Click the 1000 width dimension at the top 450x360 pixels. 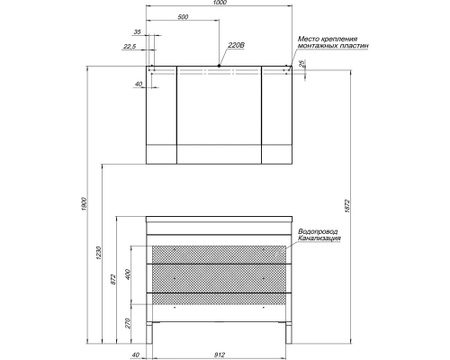pyautogui.click(x=220, y=3)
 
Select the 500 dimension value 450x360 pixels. pyautogui.click(x=183, y=17)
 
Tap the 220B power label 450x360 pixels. pyautogui.click(x=237, y=45)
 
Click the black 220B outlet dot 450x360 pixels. pyautogui.click(x=219, y=66)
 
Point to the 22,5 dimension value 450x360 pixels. pyautogui.click(x=130, y=47)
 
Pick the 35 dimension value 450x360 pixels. pyautogui.click(x=137, y=31)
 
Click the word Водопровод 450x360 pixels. pyautogui.click(x=318, y=231)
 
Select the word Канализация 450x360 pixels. pyautogui.click(x=319, y=238)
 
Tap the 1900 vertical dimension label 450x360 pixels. pyautogui.click(x=84, y=204)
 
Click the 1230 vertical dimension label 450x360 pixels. pyautogui.click(x=99, y=253)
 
